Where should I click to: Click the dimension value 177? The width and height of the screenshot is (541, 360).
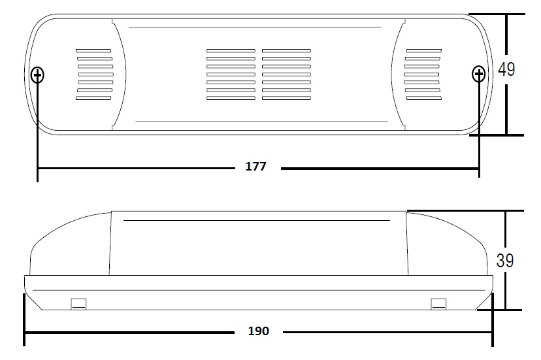point(255,167)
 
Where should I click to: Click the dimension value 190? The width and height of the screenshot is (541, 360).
point(259,331)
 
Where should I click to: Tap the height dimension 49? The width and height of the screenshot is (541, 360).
point(506,69)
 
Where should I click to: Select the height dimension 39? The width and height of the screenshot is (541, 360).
point(505,261)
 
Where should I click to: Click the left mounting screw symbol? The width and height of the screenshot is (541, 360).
point(37,74)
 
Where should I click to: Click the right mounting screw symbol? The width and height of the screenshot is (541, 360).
point(478,74)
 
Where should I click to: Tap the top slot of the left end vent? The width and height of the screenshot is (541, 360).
point(93,51)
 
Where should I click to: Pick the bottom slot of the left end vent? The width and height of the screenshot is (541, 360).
point(93,99)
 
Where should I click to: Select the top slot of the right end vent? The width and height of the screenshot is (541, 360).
point(423,51)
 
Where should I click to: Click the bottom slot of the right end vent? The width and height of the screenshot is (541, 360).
point(424,99)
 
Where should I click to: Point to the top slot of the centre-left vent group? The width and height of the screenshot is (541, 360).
point(231,51)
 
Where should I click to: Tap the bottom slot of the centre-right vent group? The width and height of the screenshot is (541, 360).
point(286,99)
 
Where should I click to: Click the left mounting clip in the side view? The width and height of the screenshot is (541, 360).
point(78,304)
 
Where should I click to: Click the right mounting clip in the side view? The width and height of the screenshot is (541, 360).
point(438,304)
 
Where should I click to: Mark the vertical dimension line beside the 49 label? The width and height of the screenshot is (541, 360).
point(506,74)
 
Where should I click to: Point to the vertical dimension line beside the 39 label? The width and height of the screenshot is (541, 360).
point(506,260)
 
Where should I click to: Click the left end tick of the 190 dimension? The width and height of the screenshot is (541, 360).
point(24,319)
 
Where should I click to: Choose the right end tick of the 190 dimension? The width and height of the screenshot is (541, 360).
point(493,319)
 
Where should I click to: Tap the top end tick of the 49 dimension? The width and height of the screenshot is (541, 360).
point(497,14)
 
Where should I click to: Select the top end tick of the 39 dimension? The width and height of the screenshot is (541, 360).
point(465,210)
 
